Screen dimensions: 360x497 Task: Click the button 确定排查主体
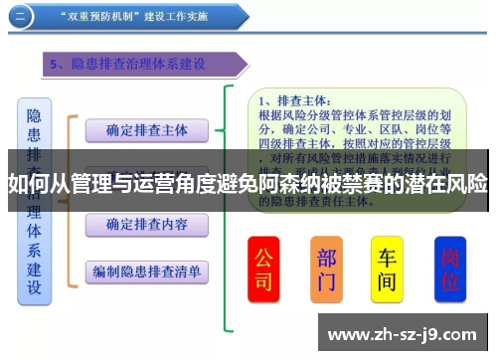[146, 129]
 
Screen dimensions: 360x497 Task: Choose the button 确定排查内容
[146, 225]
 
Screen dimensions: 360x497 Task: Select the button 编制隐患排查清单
[146, 270]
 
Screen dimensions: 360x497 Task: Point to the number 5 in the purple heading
[55, 65]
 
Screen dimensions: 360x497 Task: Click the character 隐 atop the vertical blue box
[34, 115]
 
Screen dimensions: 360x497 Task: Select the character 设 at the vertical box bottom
[34, 288]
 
